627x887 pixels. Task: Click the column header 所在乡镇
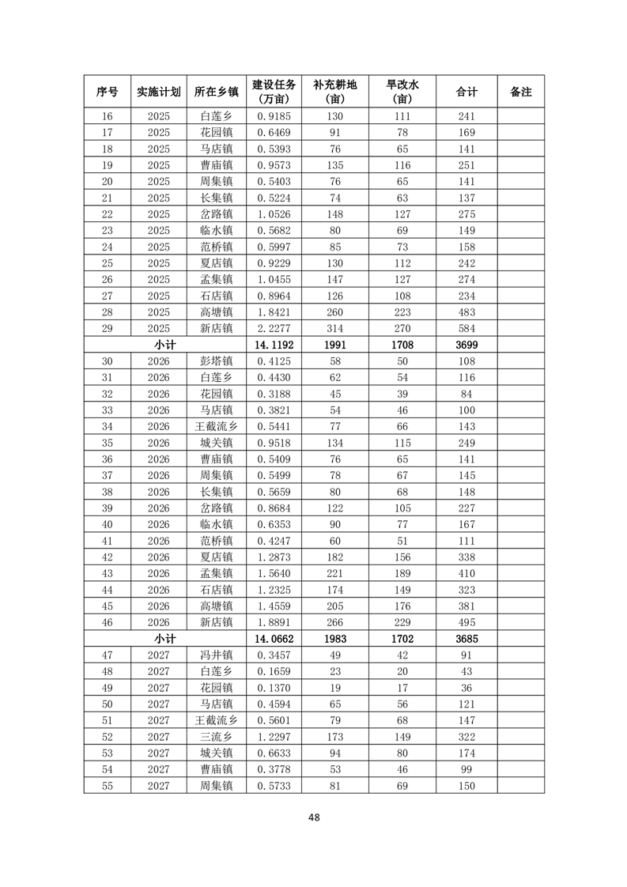[x=216, y=92]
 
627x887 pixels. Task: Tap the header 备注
[x=520, y=92]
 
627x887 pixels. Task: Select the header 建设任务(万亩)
[x=274, y=92]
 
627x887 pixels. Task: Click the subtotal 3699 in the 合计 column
[x=466, y=345]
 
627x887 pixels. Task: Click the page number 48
[x=314, y=817]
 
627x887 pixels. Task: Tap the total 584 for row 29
[x=466, y=328]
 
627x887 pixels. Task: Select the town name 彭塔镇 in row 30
[x=216, y=361]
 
